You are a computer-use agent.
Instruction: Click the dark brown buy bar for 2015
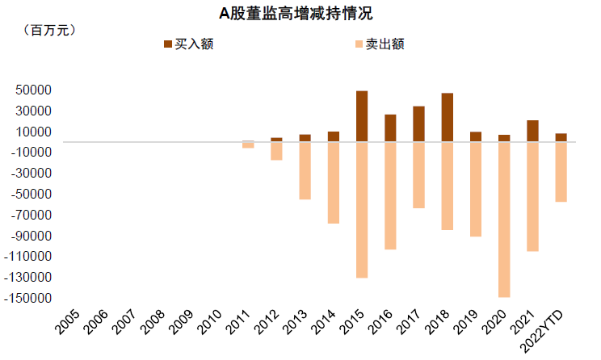(362, 116)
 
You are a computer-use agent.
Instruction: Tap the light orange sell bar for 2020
(504, 220)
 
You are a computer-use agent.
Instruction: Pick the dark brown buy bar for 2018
(448, 118)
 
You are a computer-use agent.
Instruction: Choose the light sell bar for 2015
(362, 210)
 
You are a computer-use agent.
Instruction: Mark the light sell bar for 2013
(305, 170)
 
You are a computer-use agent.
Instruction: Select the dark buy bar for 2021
(532, 131)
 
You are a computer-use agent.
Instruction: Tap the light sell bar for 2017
(418, 175)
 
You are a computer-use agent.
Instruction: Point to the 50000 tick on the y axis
(35, 90)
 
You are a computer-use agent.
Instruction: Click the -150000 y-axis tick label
(29, 298)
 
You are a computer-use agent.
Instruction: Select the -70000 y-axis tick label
(32, 215)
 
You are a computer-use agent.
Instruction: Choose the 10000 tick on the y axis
(35, 132)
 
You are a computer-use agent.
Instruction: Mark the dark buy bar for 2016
(390, 128)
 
